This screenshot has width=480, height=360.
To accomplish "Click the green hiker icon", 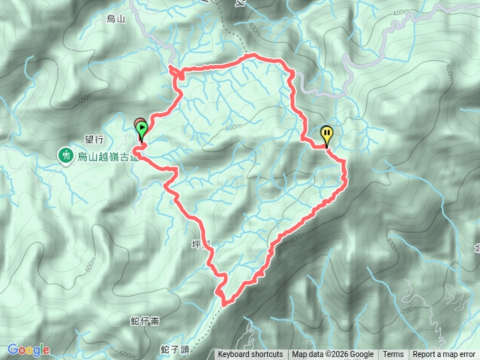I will (x=66, y=155).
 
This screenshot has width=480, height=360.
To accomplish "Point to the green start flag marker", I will (x=142, y=131).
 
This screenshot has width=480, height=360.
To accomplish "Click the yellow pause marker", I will (x=327, y=135).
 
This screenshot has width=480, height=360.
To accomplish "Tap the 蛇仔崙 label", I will (x=144, y=321).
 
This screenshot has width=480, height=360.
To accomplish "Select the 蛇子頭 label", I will (x=174, y=349).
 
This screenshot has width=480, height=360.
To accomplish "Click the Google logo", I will (x=28, y=349).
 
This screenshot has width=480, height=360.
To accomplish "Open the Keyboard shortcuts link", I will (x=250, y=355).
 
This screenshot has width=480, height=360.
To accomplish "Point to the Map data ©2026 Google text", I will (x=332, y=355).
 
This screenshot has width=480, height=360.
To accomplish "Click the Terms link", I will (x=393, y=355).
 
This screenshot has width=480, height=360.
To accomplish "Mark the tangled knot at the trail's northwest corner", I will (x=175, y=72).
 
